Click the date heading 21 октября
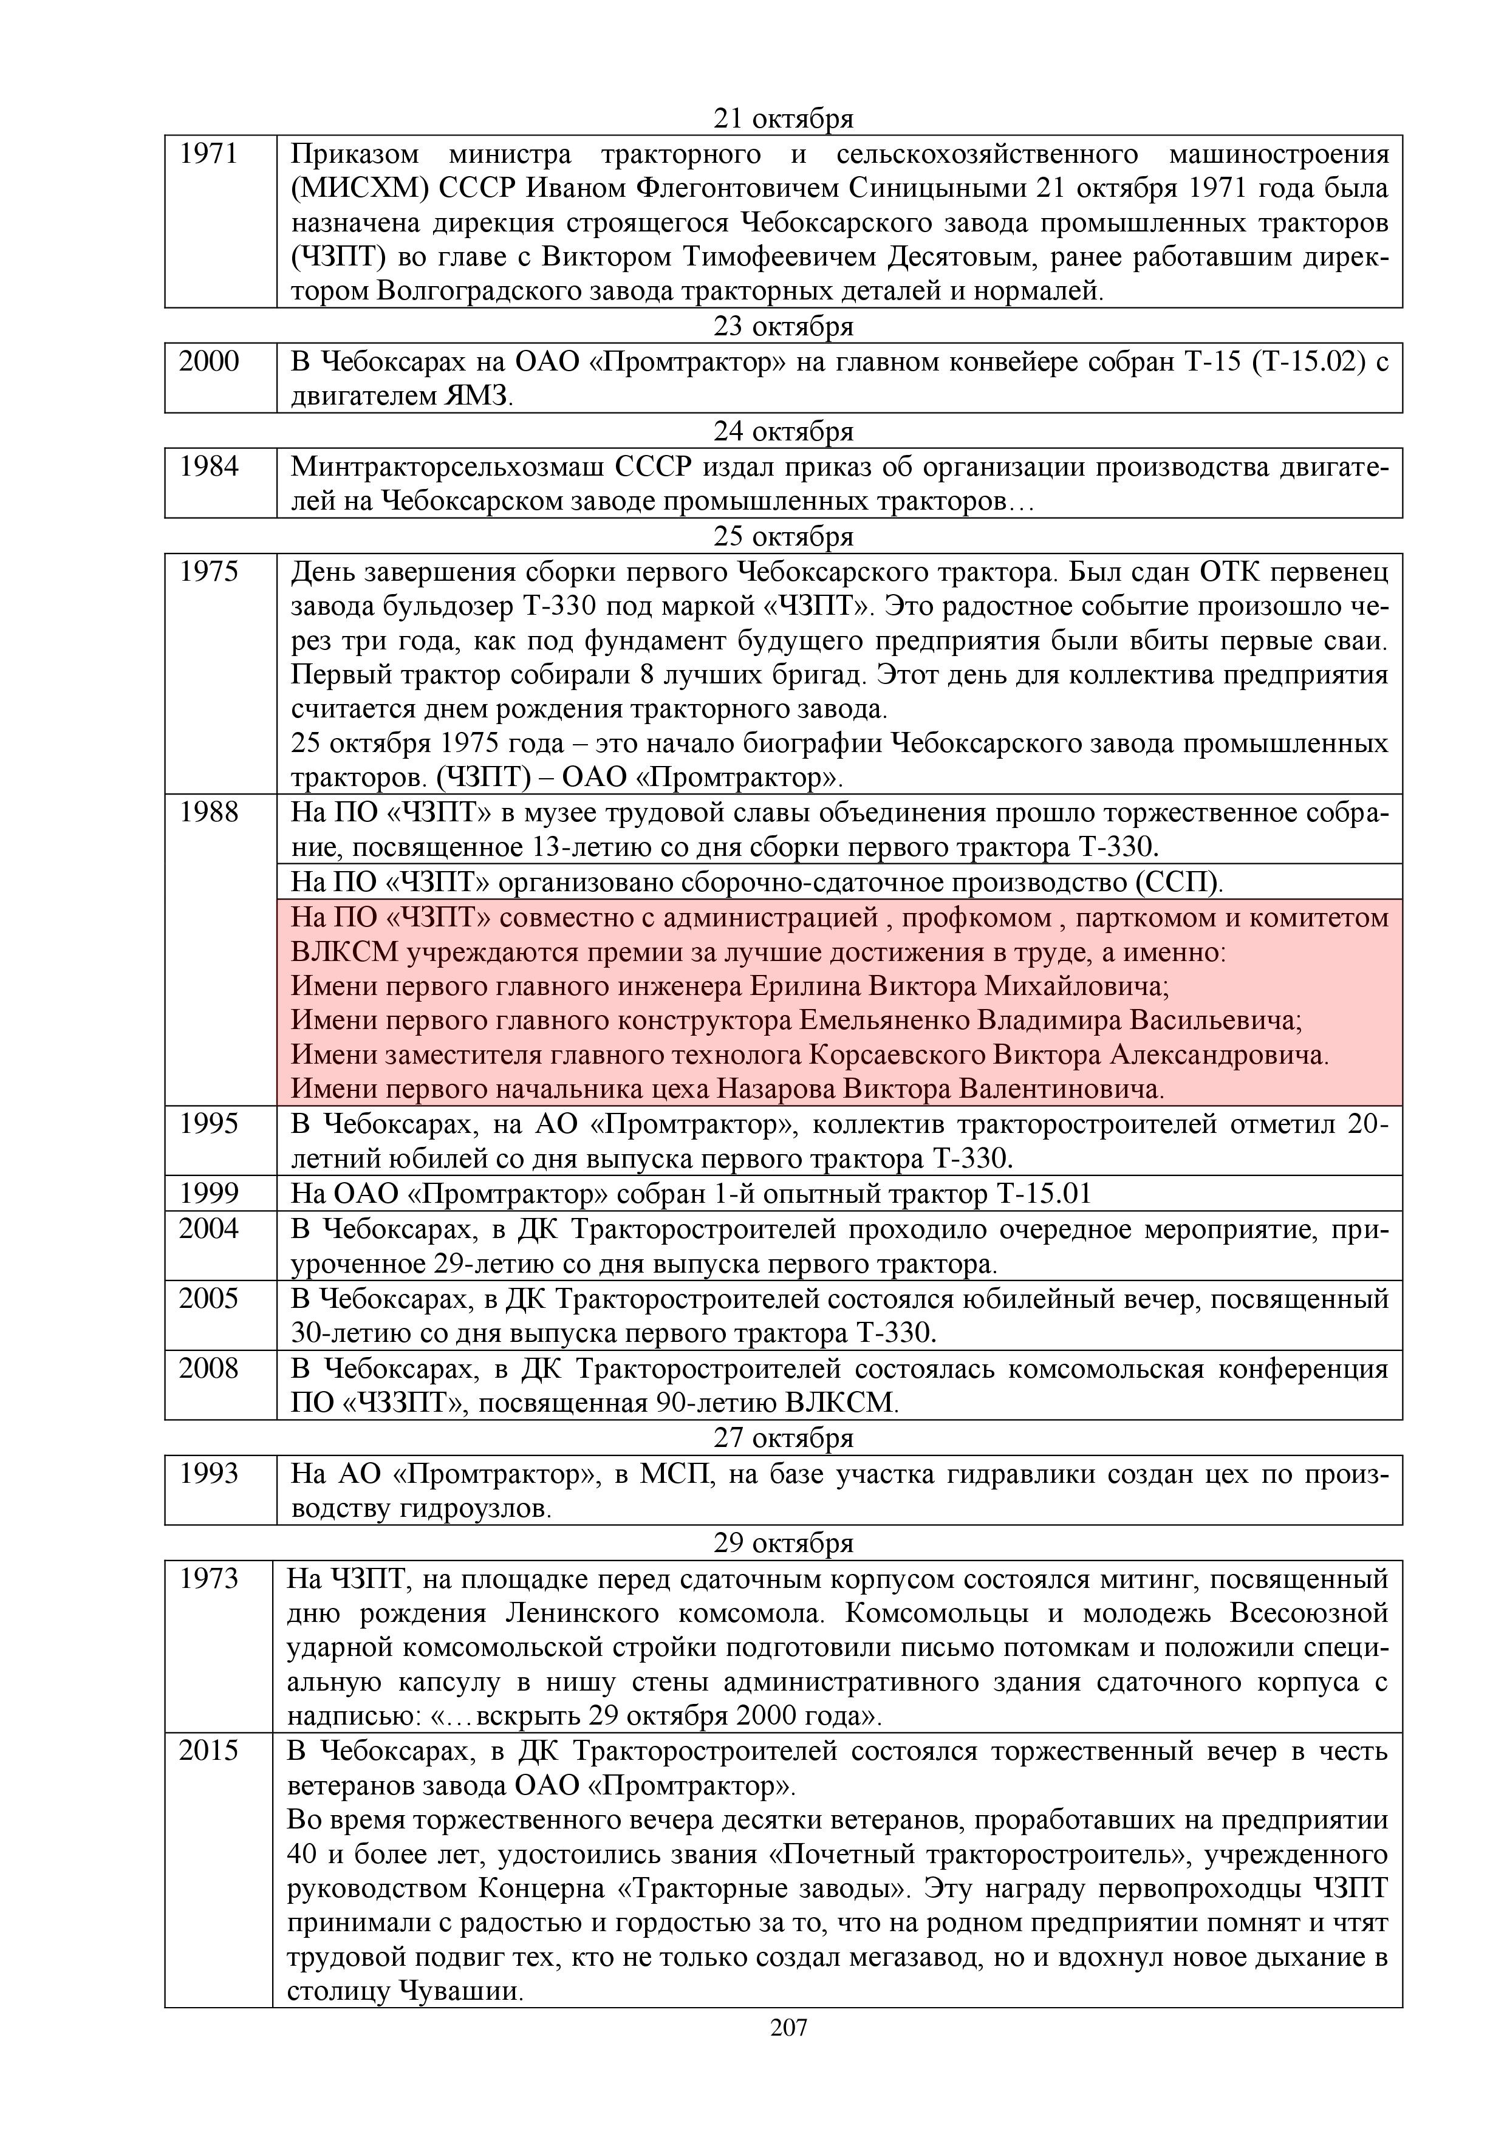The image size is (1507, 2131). [783, 119]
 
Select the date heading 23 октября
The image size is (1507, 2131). [783, 327]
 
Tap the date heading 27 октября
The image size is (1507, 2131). [783, 1438]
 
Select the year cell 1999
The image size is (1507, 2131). [209, 1194]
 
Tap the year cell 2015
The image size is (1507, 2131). [209, 1751]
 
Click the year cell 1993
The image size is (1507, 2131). [209, 1474]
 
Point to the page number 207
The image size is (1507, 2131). [789, 2028]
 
